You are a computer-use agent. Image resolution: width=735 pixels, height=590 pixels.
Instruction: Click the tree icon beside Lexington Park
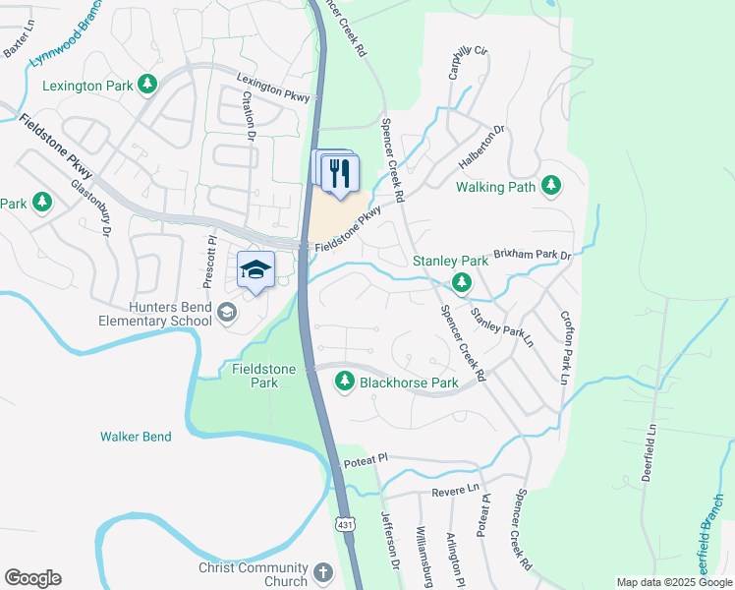click(x=147, y=86)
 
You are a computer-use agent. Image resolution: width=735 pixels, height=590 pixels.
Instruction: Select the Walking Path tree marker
click(x=551, y=185)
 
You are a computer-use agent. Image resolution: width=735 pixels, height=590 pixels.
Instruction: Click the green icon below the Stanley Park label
click(x=461, y=284)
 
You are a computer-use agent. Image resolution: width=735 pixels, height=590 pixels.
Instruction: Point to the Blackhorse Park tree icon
click(x=345, y=382)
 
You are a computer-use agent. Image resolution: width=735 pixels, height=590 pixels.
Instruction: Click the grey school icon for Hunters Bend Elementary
click(x=227, y=313)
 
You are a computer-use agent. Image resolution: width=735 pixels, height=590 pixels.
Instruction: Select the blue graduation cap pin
click(x=255, y=270)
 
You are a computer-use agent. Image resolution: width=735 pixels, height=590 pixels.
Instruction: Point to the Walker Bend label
click(x=136, y=437)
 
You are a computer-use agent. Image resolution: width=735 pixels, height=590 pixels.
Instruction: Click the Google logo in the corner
click(x=32, y=578)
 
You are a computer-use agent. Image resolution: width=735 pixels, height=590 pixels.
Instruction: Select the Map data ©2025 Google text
click(x=673, y=582)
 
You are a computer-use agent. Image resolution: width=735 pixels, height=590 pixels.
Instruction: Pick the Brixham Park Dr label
click(x=532, y=254)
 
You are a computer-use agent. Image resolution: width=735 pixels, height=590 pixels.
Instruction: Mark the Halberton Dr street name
click(x=481, y=144)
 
